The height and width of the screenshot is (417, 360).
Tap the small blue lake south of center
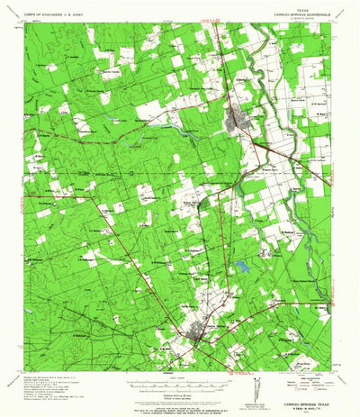coord(242,266)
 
